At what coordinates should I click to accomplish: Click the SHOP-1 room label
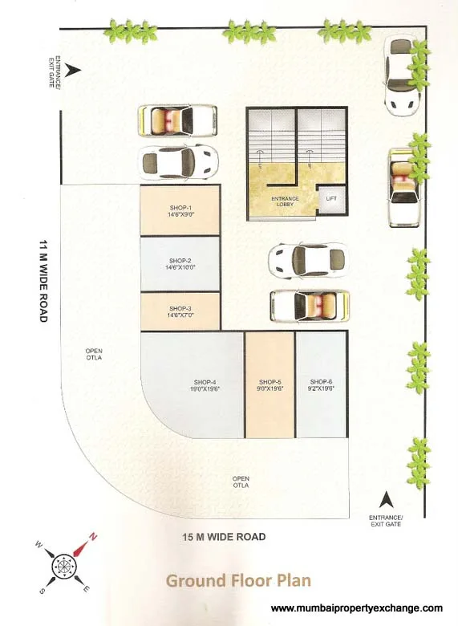point(180,208)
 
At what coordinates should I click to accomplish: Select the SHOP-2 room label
point(180,261)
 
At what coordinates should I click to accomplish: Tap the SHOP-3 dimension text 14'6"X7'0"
point(180,315)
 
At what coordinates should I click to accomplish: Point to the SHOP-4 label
point(205,382)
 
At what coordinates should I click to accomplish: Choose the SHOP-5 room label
point(270,382)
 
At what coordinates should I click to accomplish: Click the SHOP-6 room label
point(321,382)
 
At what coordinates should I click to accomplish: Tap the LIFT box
point(331,200)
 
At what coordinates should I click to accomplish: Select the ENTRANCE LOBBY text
point(285,201)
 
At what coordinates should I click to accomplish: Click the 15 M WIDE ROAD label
point(225,537)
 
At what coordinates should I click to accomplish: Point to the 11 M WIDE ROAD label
point(43,281)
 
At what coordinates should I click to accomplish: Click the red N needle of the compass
point(84,545)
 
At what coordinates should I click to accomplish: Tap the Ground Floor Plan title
point(238,580)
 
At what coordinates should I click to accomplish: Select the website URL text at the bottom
point(357,608)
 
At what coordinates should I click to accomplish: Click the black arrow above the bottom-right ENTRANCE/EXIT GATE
point(386,500)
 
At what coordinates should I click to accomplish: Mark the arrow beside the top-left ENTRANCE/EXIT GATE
point(73,71)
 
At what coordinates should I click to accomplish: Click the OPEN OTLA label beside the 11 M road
point(94,354)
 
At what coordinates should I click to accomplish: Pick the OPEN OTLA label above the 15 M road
point(241,482)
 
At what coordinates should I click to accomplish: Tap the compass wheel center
point(64,566)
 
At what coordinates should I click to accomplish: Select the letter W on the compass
point(39,544)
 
